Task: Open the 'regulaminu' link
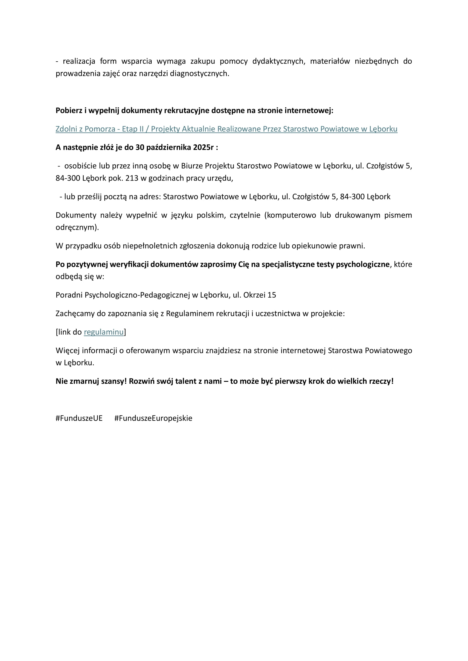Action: tap(104, 332)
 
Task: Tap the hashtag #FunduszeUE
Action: tap(79, 418)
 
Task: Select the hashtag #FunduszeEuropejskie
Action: tap(153, 418)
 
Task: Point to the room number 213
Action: tap(132, 178)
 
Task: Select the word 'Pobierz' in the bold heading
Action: tap(69, 110)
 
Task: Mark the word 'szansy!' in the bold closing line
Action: tap(114, 381)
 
